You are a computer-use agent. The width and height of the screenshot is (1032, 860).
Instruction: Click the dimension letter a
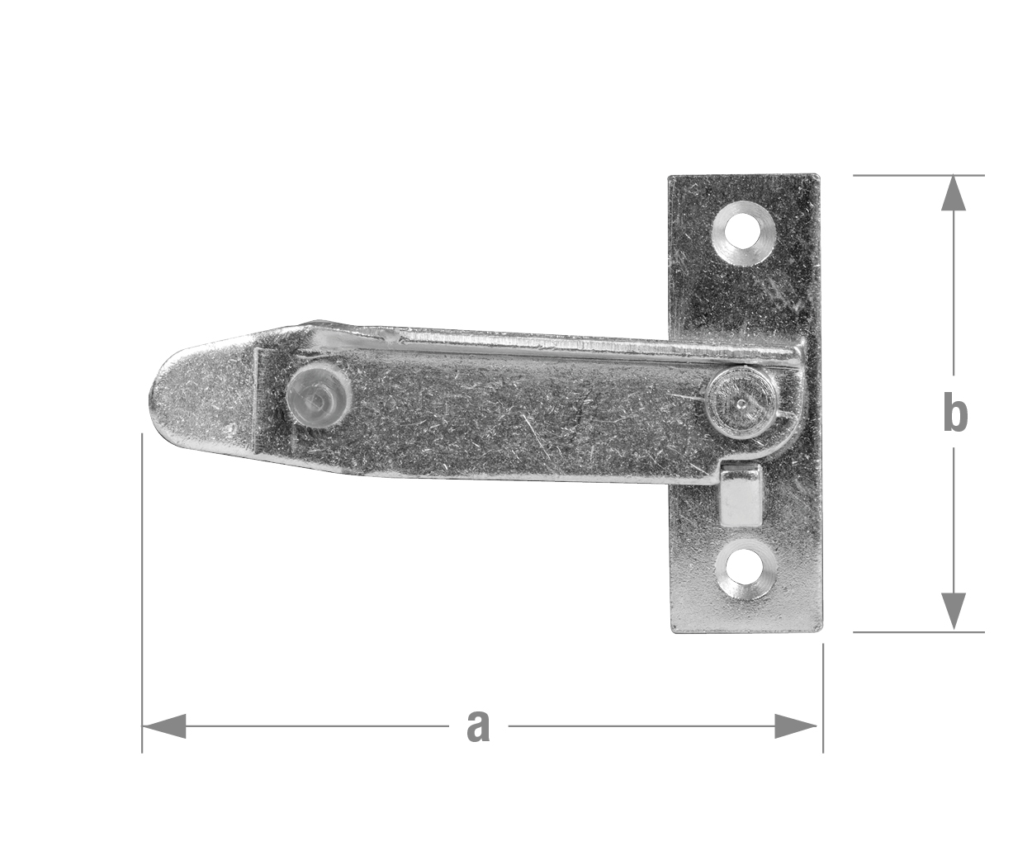pos(478,726)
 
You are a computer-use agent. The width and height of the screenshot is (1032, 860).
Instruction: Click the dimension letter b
pos(955,411)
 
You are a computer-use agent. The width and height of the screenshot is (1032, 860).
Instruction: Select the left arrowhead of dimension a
pos(164,726)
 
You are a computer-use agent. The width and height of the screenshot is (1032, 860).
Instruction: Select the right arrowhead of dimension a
pos(795,726)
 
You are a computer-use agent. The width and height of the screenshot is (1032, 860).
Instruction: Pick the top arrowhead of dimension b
pos(954,193)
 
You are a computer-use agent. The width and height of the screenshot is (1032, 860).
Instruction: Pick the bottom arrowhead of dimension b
pos(954,612)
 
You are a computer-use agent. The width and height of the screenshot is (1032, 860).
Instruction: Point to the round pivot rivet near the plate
pos(738,402)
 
